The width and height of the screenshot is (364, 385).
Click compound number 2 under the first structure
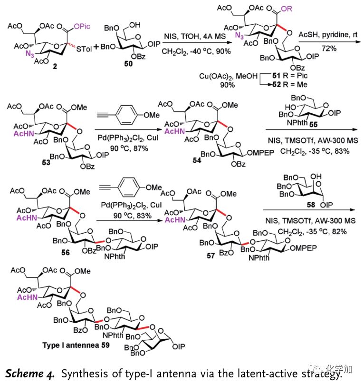tap(55, 66)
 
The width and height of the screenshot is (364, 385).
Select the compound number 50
tap(128, 64)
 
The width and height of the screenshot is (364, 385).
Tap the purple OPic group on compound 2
tap(82, 27)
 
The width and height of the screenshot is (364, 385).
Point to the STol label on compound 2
tap(84, 49)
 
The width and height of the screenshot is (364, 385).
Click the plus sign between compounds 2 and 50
tap(96, 47)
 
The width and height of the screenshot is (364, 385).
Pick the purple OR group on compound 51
tap(287, 9)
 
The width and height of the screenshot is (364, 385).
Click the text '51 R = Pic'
tap(290, 75)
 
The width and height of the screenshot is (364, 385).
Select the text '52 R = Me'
tap(290, 84)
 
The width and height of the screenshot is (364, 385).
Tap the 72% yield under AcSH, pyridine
tap(329, 49)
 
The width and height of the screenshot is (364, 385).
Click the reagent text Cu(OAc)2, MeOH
tap(228, 76)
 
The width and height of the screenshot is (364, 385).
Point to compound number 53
tap(46, 163)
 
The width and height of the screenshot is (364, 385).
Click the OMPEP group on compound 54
tap(260, 153)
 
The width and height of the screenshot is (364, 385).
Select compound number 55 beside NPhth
tap(313, 125)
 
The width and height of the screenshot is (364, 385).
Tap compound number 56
tap(66, 253)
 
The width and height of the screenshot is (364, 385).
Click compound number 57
tap(211, 256)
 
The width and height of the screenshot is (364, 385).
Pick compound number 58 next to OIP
tap(311, 205)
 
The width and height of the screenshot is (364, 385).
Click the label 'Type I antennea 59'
tap(76, 345)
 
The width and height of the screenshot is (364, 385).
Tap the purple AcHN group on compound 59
tap(28, 297)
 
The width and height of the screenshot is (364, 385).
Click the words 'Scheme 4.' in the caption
tap(29, 374)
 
